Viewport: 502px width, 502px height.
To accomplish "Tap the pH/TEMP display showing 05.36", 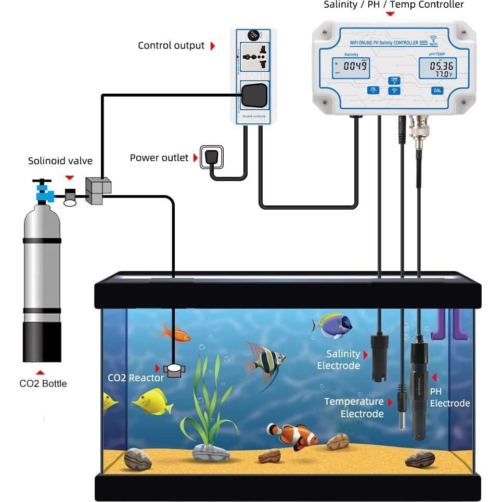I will pyautogui.click(x=437, y=68).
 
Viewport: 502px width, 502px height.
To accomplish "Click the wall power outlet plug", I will pyautogui.click(x=211, y=157).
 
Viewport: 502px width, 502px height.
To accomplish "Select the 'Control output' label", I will pyautogui.click(x=171, y=46).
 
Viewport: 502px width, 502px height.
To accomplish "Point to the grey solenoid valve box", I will pyautogui.click(x=98, y=190).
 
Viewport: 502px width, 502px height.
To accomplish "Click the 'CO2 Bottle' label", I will pyautogui.click(x=43, y=383).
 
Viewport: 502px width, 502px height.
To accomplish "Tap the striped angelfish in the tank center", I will pyautogui.click(x=265, y=360).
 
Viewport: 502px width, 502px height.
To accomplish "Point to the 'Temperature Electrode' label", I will pyautogui.click(x=354, y=408).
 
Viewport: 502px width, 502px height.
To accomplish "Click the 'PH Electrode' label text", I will pyautogui.click(x=449, y=397).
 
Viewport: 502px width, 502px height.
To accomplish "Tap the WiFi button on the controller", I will pyautogui.click(x=394, y=91).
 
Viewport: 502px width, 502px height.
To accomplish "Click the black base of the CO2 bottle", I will pyautogui.click(x=42, y=341).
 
